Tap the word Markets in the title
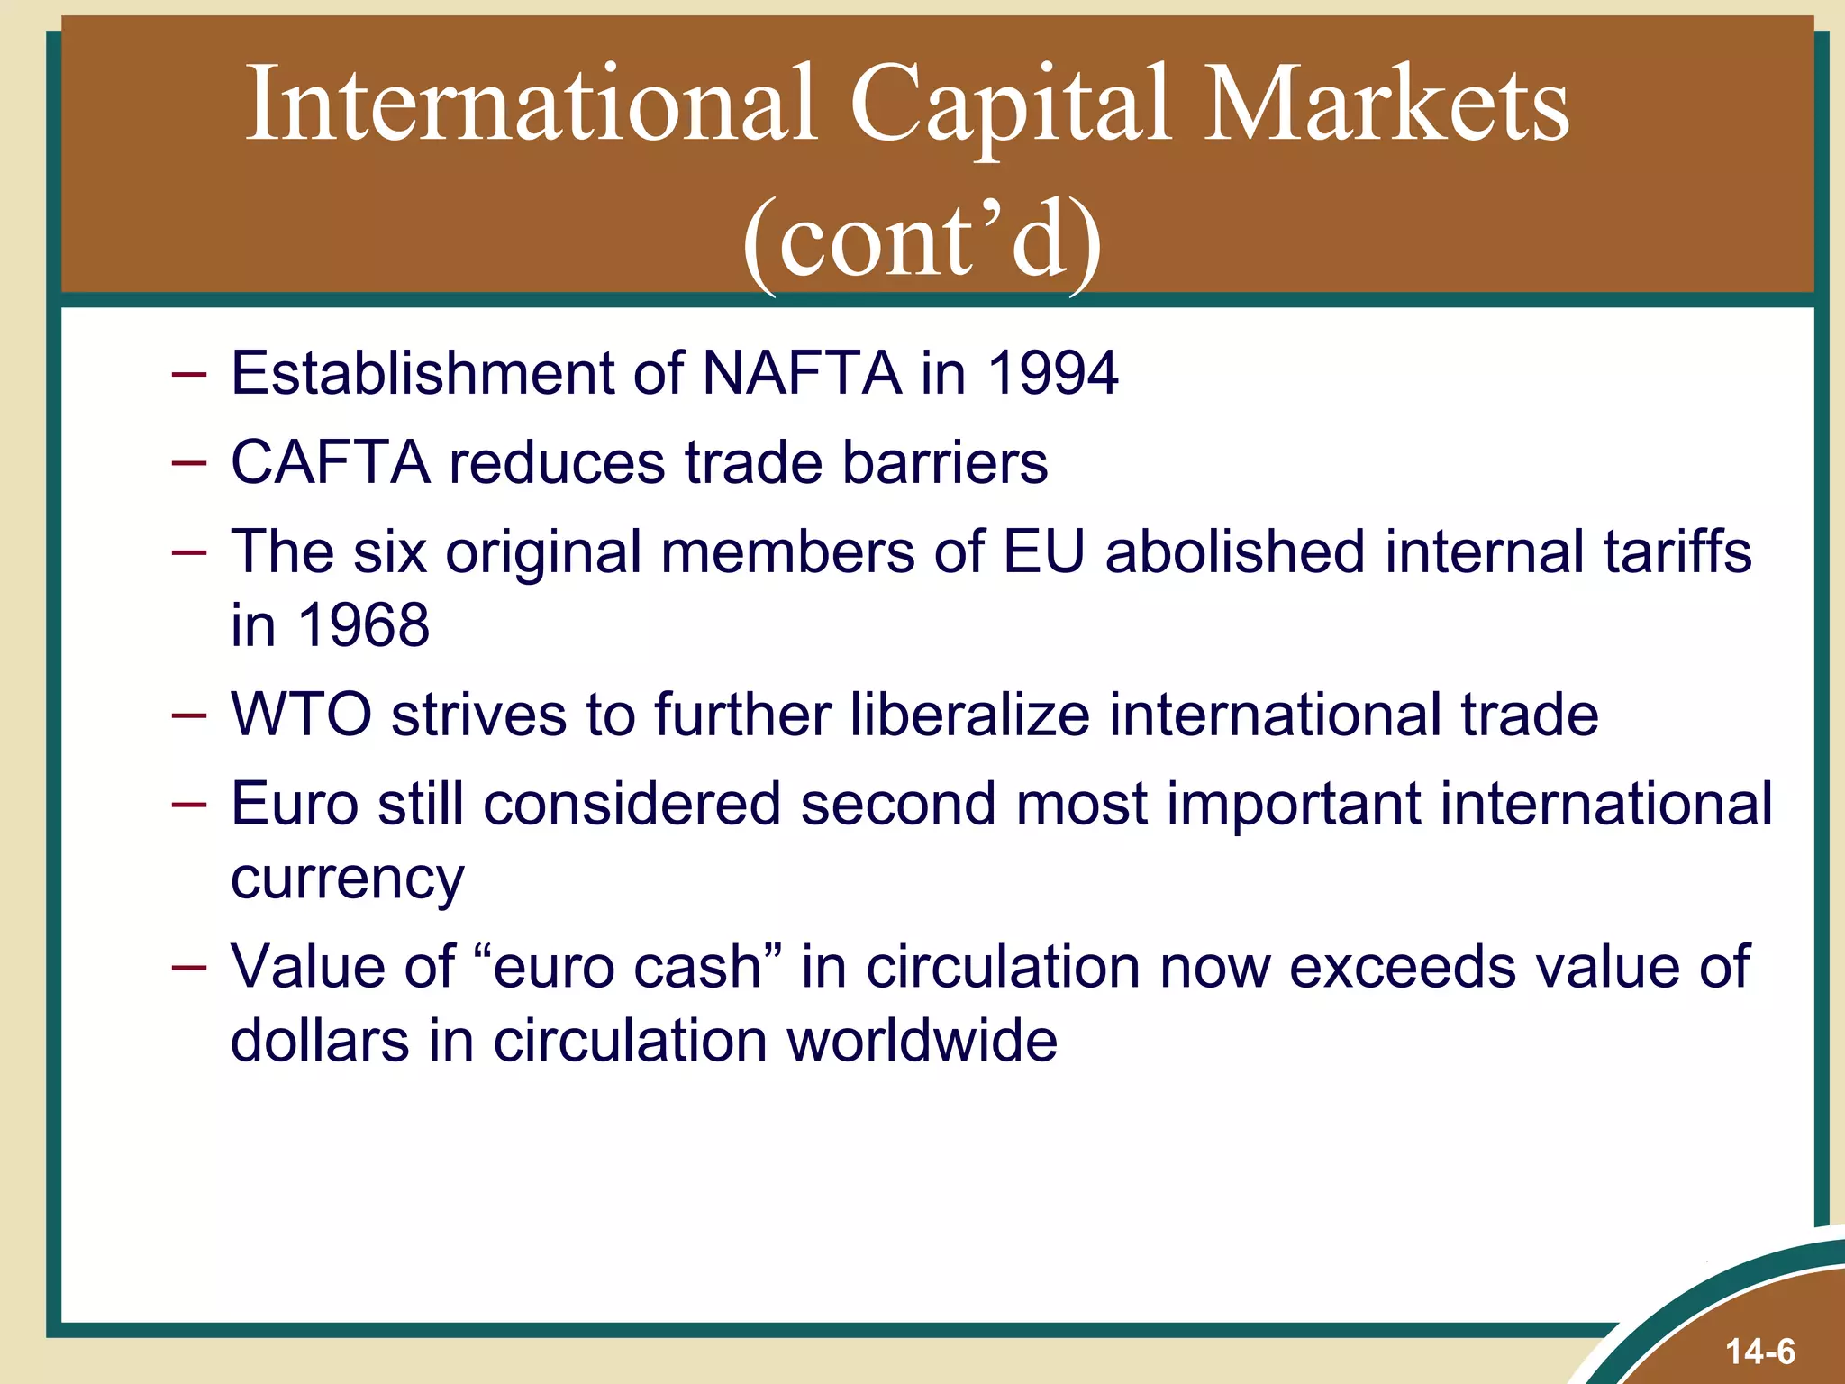pyautogui.click(x=1386, y=106)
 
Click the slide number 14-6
pyautogui.click(x=1759, y=1352)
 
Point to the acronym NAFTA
pyautogui.click(x=801, y=372)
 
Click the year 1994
pyautogui.click(x=1053, y=372)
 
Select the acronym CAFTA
pyautogui.click(x=330, y=462)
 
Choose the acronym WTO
pyautogui.click(x=301, y=715)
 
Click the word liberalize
pyautogui.click(x=969, y=715)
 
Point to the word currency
pyautogui.click(x=347, y=879)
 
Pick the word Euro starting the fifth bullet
pyautogui.click(x=295, y=804)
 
